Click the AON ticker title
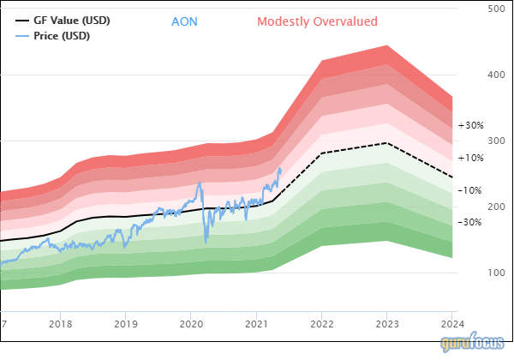184,21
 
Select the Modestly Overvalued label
317,21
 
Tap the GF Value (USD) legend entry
71,20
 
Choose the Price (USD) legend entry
61,36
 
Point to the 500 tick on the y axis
495,9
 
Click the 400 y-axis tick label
495,75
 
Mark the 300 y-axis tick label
495,141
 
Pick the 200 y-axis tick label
495,207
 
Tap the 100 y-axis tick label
495,273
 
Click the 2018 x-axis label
60,324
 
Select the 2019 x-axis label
125,324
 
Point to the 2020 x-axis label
190,324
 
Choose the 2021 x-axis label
256,324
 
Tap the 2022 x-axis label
321,324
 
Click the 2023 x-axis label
386,324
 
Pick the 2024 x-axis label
451,324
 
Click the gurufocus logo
475,344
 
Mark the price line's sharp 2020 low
206,241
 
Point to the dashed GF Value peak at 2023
386,143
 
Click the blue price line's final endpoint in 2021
280,168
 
